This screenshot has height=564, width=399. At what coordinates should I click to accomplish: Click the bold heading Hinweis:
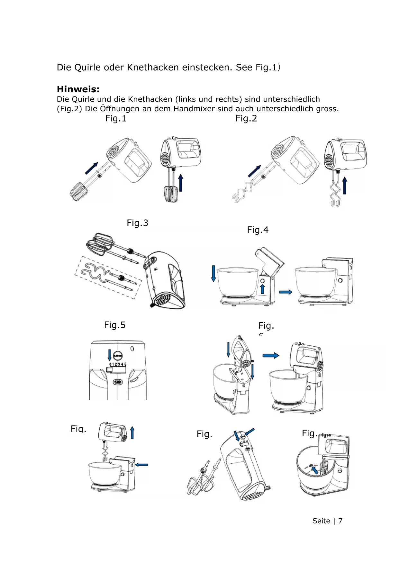(78, 89)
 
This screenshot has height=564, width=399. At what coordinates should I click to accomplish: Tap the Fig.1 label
(116, 119)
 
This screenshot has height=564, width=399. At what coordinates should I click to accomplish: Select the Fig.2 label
(246, 119)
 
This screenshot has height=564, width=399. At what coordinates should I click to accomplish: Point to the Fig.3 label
(137, 223)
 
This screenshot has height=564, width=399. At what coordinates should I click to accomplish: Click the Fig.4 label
(258, 230)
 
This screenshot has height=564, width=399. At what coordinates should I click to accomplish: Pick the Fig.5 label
(115, 325)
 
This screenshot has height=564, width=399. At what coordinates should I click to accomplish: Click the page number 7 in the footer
(340, 521)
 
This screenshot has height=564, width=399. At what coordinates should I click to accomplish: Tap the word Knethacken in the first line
(153, 68)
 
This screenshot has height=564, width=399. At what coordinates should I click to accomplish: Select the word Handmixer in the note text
(195, 109)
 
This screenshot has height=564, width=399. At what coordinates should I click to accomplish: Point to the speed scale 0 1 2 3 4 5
(118, 364)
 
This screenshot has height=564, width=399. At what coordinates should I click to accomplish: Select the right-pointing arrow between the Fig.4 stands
(286, 292)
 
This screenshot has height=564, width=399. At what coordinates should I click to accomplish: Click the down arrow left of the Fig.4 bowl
(213, 274)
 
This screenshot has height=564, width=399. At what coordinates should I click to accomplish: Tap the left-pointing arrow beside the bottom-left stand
(142, 465)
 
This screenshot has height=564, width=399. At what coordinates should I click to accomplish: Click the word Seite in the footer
(321, 521)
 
